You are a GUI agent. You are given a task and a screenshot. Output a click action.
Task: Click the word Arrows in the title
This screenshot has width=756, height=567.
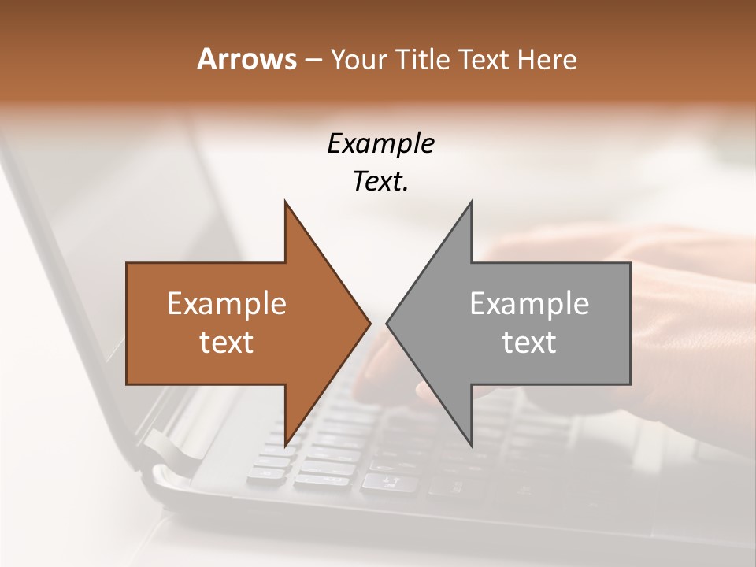coord(246,60)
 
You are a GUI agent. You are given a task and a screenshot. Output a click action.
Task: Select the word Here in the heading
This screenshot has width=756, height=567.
coord(547,60)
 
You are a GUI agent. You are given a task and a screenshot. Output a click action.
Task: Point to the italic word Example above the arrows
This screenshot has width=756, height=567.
coord(380,144)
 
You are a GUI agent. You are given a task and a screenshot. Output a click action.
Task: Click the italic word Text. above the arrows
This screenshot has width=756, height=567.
coord(380,182)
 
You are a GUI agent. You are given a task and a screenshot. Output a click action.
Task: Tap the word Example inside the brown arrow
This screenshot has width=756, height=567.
coord(226,304)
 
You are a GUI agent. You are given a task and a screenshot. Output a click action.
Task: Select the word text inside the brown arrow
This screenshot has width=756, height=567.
coord(226,343)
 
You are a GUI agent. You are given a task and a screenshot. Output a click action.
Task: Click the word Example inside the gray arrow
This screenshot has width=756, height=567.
coord(529,304)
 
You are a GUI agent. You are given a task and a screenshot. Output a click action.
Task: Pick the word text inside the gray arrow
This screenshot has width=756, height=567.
coord(529,343)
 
